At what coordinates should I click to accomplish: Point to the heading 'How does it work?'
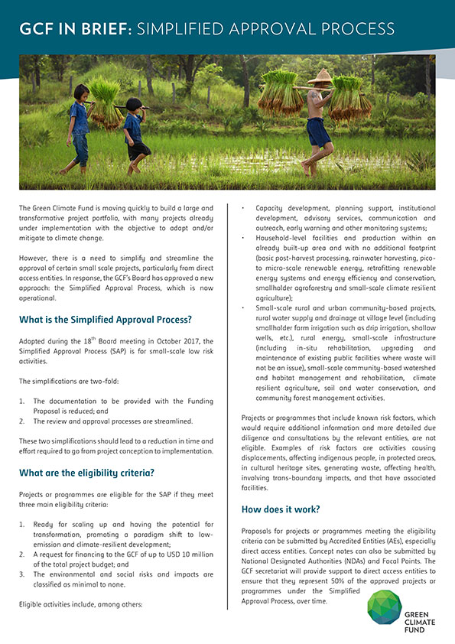coord(281,509)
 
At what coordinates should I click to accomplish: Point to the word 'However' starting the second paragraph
coord(35,259)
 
